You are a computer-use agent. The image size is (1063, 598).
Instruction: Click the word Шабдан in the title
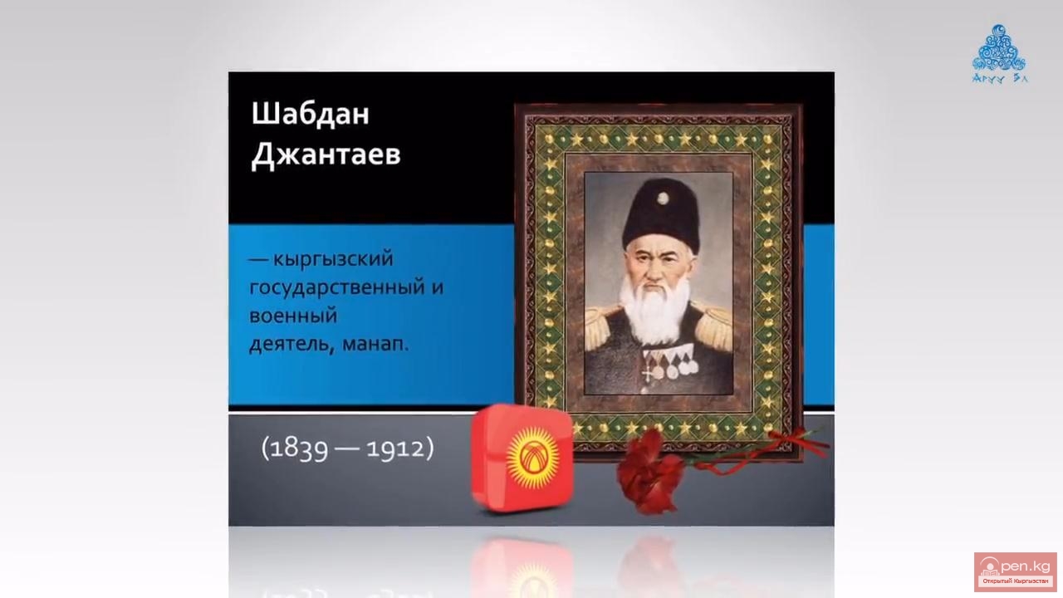coord(310,115)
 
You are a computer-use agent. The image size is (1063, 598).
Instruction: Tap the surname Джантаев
coord(326,154)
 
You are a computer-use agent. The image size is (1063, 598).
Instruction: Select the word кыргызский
coord(333,260)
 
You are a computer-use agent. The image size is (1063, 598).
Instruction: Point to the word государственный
coord(337,288)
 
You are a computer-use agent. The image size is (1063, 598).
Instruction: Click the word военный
coord(293,316)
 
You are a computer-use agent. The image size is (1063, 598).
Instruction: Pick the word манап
coord(375,344)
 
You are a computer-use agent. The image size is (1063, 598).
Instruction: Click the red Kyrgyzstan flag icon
coord(522,458)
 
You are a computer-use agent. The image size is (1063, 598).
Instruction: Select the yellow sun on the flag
coord(532,458)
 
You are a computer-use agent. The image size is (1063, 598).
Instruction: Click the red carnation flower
coord(649,472)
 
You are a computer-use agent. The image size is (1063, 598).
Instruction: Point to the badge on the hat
coord(663,198)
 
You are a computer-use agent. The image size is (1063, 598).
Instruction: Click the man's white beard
coord(655,308)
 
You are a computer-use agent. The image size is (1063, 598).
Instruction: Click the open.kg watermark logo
coord(1015,571)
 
